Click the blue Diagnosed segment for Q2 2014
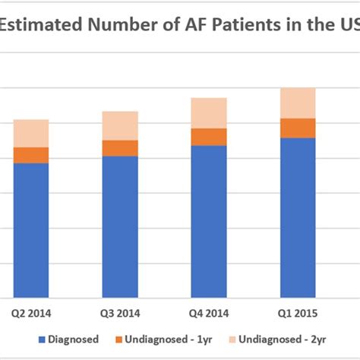pyautogui.click(x=31, y=229)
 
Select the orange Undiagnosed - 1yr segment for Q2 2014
pyautogui.click(x=31, y=155)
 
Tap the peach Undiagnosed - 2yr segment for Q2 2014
pyautogui.click(x=31, y=133)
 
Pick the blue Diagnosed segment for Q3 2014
pyautogui.click(x=120, y=226)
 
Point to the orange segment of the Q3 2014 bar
pyautogui.click(x=120, y=148)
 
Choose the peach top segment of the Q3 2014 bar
pyautogui.click(x=120, y=125)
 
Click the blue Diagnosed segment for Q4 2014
pyautogui.click(x=209, y=220)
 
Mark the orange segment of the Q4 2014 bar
pyautogui.click(x=209, y=137)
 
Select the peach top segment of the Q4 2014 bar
pyautogui.click(x=209, y=113)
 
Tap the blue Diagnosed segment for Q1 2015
pyautogui.click(x=298, y=217)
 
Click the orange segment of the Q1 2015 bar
pyautogui.click(x=298, y=128)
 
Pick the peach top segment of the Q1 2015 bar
pyautogui.click(x=298, y=103)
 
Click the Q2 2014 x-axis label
pyautogui.click(x=31, y=313)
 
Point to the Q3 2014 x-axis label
pyautogui.click(x=120, y=313)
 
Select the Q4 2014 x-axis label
pyautogui.click(x=209, y=313)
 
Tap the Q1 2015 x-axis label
pyautogui.click(x=298, y=313)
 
